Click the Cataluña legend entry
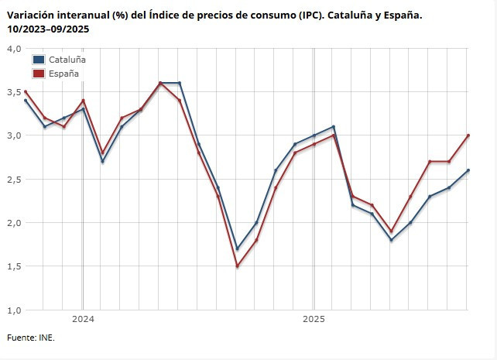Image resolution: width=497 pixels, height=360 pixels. [x=67, y=60]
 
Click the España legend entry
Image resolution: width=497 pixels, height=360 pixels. [x=63, y=74]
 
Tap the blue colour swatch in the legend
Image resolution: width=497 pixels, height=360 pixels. [x=39, y=60]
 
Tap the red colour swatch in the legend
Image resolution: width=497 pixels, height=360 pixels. [x=39, y=74]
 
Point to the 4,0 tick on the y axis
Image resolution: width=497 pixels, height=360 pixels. [x=13, y=48]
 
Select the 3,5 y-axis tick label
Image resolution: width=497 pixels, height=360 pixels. [x=13, y=91]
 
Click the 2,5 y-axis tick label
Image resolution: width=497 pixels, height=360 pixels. [x=13, y=179]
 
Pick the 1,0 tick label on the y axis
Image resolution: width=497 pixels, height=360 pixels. [x=13, y=310]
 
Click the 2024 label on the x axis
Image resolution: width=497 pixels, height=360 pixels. [x=83, y=319]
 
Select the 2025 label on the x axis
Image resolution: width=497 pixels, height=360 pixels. [x=314, y=319]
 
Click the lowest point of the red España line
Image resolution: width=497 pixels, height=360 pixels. [x=237, y=266]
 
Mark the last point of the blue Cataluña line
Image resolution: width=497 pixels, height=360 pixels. [x=468, y=170]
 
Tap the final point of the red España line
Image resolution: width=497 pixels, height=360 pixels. [x=468, y=135]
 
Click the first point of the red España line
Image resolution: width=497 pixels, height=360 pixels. [x=26, y=91]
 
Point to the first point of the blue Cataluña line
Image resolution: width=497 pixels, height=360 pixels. [x=26, y=101]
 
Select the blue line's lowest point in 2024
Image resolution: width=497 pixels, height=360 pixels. [x=237, y=249]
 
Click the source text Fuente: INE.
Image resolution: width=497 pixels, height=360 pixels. [x=31, y=338]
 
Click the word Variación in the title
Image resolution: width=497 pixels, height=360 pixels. [x=30, y=15]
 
